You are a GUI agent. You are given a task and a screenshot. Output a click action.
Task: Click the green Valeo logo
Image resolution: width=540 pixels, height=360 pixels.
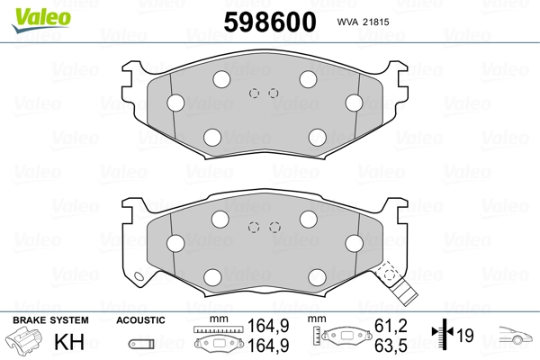point(41,20)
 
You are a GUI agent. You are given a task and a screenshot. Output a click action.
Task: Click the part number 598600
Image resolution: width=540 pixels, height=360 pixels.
point(270,22)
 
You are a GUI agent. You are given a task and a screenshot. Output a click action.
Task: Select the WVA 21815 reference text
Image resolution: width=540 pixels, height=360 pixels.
point(363,22)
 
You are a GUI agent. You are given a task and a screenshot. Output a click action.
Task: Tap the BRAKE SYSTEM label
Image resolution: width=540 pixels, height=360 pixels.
point(50,320)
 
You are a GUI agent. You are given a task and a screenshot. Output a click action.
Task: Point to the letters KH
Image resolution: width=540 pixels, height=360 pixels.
point(69,342)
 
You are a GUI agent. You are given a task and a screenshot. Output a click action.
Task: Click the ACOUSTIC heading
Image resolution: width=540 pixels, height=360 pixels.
point(140,320)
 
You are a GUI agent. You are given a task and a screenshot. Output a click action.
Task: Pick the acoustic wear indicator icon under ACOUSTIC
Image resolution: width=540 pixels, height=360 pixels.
point(141,344)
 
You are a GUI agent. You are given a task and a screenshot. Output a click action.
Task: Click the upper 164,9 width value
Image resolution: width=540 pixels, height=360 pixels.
point(268,326)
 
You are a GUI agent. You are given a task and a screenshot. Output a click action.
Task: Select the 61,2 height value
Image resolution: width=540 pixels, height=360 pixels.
point(391,326)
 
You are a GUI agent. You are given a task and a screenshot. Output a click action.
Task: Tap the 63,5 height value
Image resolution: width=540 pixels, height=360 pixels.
point(391,346)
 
